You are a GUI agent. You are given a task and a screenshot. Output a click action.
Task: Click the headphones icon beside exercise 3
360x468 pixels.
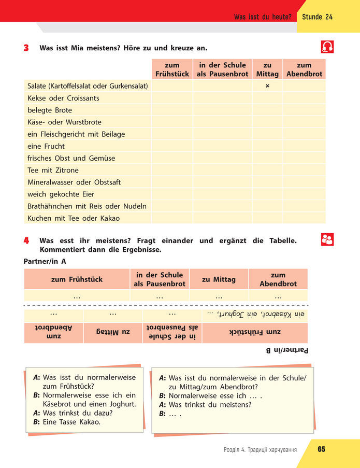327,47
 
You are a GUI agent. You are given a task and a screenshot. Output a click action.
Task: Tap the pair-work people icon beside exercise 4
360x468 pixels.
327,239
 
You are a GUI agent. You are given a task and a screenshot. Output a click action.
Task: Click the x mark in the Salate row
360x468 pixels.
267,86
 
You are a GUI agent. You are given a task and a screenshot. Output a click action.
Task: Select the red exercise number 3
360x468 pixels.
26,48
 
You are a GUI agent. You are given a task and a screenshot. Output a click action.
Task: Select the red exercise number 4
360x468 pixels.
26,240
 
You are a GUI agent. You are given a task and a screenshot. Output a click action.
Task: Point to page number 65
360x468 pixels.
322,449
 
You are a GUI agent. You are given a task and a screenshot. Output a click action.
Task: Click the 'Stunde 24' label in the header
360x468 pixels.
317,17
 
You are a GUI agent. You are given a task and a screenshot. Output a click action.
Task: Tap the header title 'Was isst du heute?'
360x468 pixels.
263,17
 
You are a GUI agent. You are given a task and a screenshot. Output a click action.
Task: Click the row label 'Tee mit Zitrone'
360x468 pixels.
53,170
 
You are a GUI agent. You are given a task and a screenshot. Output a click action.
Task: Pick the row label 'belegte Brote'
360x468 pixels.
50,110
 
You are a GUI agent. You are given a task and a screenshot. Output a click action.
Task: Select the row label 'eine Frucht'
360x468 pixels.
46,146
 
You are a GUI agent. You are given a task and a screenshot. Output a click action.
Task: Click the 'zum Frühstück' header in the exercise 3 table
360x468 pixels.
171,69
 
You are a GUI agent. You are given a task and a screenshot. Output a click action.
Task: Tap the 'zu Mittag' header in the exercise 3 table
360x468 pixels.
267,69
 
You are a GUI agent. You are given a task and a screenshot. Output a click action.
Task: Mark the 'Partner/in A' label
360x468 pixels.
45,261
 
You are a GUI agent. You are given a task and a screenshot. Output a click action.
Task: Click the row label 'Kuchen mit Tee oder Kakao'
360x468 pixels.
74,218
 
